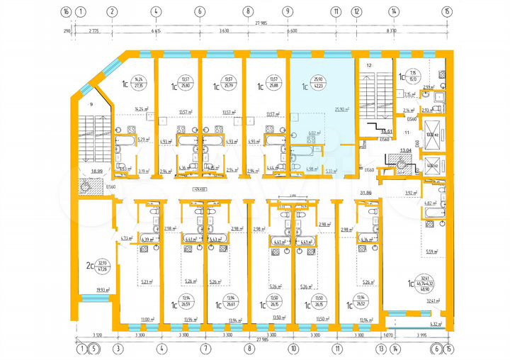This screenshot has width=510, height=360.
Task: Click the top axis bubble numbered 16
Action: (66, 11)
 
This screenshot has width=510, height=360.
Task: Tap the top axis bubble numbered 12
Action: (356, 11)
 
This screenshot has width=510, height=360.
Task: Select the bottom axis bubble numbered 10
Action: (293, 348)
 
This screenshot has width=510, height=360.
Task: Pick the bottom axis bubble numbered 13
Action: (381, 348)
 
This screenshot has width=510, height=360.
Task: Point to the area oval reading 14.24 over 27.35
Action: (139, 81)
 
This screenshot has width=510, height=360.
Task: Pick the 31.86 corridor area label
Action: (366, 193)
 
